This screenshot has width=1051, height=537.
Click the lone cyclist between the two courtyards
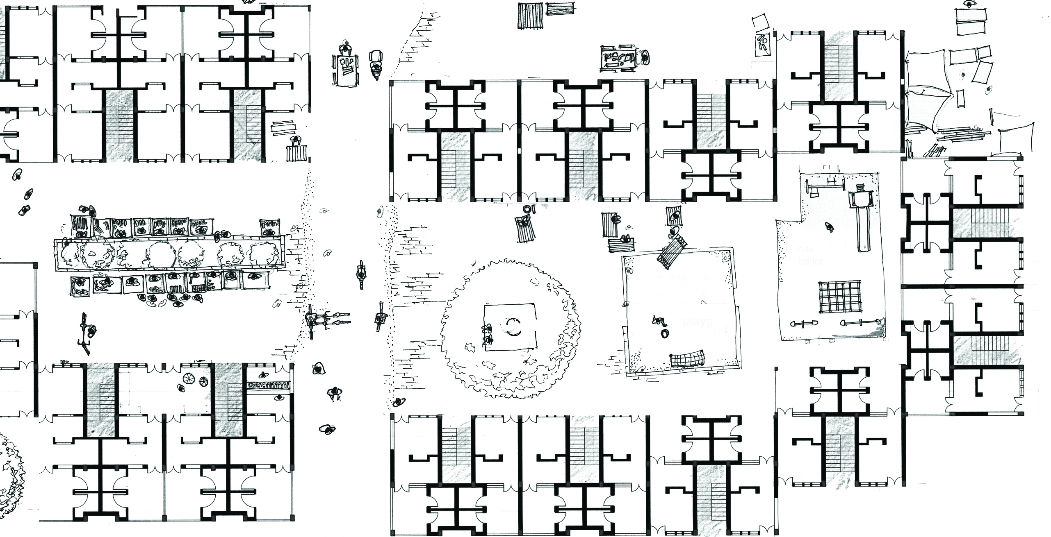point(360,274)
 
